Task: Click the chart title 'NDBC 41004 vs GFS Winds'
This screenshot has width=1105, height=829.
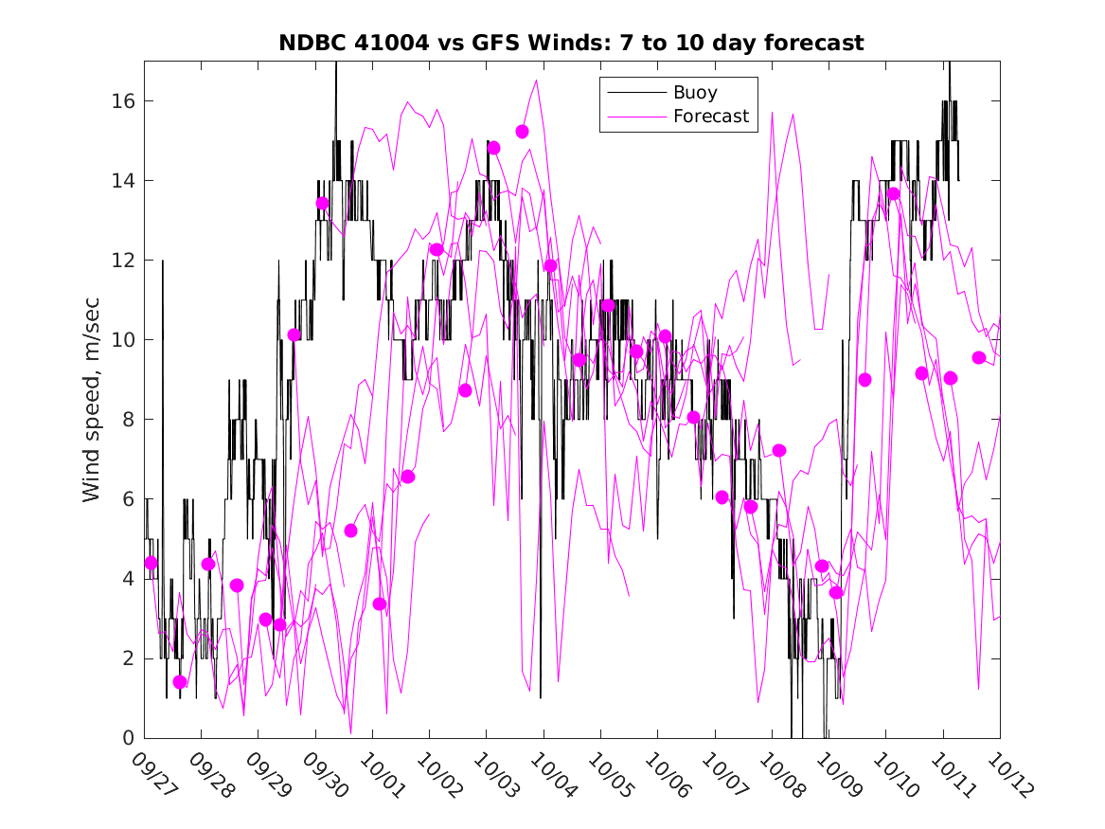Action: pos(571,44)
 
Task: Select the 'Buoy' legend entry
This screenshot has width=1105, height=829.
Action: pos(695,93)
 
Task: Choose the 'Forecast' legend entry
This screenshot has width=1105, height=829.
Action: pos(711,117)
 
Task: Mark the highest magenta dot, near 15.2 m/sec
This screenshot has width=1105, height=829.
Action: pos(522,132)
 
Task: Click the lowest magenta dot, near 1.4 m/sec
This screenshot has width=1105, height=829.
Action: pos(180,682)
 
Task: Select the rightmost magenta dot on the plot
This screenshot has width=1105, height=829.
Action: pos(979,358)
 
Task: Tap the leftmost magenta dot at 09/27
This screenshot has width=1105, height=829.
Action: pos(151,563)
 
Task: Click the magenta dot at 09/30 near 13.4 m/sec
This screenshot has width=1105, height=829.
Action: pos(322,204)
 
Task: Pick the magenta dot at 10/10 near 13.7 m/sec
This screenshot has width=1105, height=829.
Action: pos(893,194)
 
